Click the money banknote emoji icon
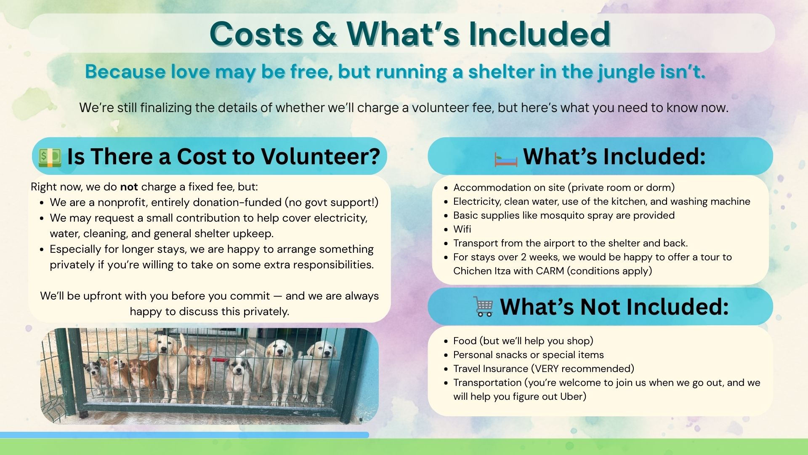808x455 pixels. (x=50, y=157)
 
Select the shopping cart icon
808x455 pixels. (x=483, y=306)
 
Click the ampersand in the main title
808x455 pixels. (x=324, y=34)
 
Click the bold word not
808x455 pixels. (x=129, y=187)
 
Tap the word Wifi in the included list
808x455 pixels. (x=462, y=229)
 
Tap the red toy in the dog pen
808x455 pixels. (x=220, y=360)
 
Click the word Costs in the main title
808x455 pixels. (x=256, y=34)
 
